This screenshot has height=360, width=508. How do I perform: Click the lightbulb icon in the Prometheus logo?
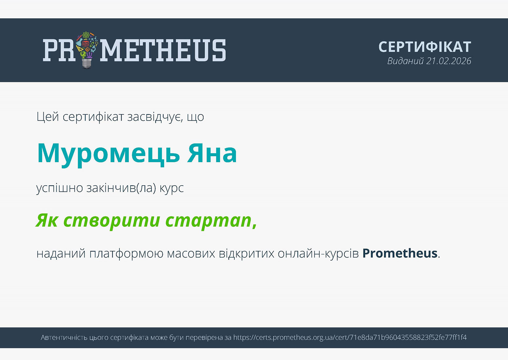(87, 50)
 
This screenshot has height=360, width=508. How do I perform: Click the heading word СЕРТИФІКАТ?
(425, 47)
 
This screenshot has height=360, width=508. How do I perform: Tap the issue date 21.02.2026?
(448, 61)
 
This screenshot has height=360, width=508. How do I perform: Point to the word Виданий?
(405, 61)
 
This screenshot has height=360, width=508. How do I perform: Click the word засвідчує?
(155, 117)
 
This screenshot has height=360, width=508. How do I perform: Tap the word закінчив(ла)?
(121, 188)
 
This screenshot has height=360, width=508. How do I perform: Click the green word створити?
(112, 221)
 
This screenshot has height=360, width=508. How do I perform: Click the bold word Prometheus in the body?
(400, 253)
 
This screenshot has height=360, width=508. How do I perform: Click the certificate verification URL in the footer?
(350, 338)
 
